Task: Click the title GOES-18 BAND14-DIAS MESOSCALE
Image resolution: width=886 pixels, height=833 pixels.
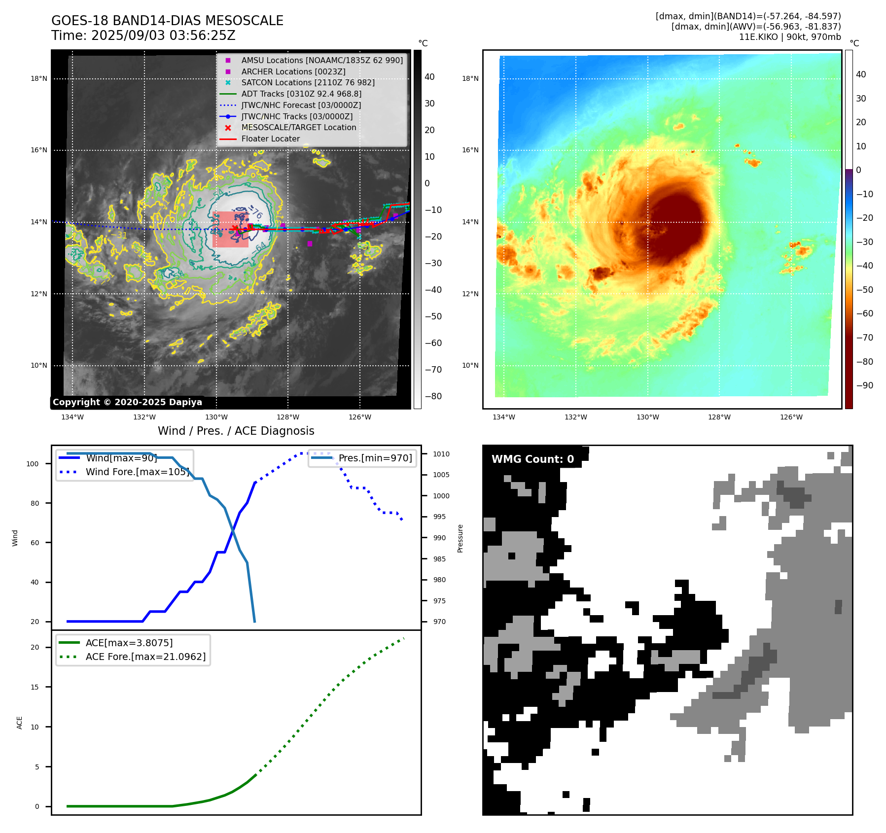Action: pyautogui.click(x=167, y=21)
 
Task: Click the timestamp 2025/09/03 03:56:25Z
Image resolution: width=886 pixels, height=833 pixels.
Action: pyautogui.click(x=163, y=35)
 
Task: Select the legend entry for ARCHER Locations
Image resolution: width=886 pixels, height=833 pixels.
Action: pyautogui.click(x=293, y=71)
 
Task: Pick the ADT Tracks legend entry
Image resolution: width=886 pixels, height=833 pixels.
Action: pyautogui.click(x=301, y=94)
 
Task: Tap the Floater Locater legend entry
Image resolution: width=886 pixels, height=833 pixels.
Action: pyautogui.click(x=270, y=139)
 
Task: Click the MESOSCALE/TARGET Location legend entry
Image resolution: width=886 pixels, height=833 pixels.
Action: pyautogui.click(x=298, y=127)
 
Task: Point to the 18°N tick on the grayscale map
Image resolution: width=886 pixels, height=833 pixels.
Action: pyautogui.click(x=39, y=78)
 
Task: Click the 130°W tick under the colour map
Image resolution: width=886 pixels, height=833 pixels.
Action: pyautogui.click(x=647, y=417)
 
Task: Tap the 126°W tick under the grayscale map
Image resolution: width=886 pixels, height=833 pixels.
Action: pyautogui.click(x=360, y=417)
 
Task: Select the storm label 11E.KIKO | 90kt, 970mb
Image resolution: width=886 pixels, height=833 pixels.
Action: pyautogui.click(x=790, y=37)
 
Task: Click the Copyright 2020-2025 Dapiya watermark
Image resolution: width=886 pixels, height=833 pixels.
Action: pyautogui.click(x=127, y=402)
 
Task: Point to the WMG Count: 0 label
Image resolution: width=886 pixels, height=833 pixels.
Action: pyautogui.click(x=532, y=459)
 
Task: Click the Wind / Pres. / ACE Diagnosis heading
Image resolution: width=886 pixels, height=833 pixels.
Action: pyautogui.click(x=236, y=431)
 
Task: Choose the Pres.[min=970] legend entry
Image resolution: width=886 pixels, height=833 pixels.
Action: pyautogui.click(x=375, y=458)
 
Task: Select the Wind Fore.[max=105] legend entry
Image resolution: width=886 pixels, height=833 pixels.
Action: pyautogui.click(x=137, y=472)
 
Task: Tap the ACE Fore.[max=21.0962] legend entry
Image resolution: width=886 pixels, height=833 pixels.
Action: pyautogui.click(x=145, y=657)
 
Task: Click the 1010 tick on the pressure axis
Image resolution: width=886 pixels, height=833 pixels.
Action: pyautogui.click(x=441, y=454)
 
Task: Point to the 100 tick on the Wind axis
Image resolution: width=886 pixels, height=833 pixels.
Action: pyautogui.click(x=33, y=464)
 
